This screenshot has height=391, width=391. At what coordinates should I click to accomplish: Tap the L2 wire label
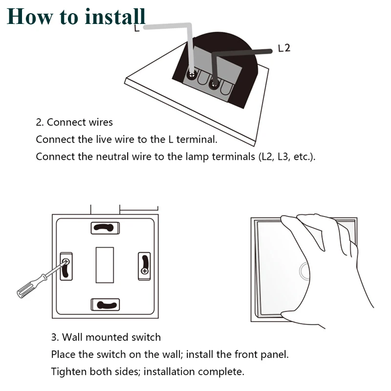pos(284,48)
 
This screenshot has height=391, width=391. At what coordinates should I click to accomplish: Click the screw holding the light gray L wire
pos(191,75)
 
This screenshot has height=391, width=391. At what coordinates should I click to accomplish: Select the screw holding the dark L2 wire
pos(214,83)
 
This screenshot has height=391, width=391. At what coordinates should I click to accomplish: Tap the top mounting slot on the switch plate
pos(105,227)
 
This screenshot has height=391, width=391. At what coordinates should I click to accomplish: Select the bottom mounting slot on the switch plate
pos(105,305)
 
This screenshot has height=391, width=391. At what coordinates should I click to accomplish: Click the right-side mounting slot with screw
pos(144,265)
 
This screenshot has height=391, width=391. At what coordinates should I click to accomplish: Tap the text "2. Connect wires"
pos(74,122)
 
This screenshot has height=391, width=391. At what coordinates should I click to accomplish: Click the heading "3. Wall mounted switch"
pos(106,337)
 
